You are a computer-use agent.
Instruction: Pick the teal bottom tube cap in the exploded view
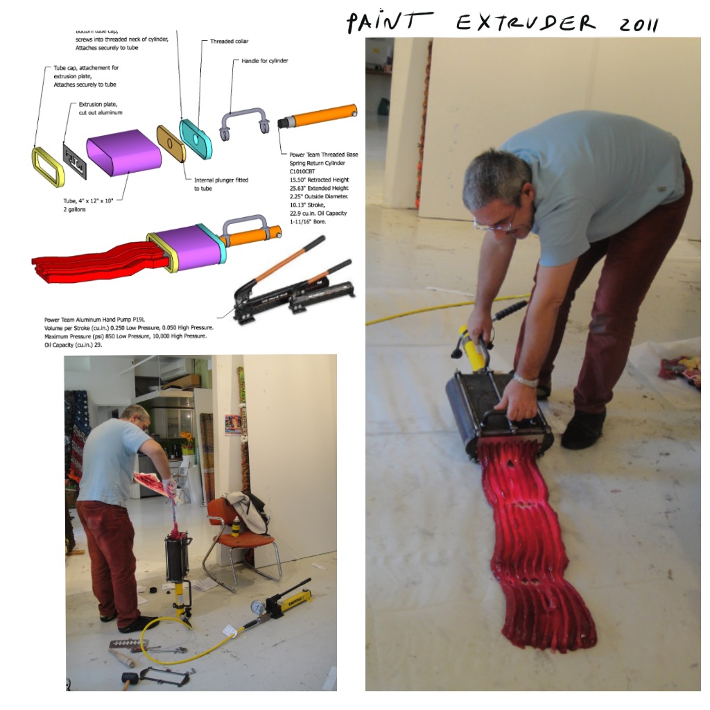point(196,138)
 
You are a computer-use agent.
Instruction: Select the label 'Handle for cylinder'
point(264,61)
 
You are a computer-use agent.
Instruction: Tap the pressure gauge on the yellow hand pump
point(259,605)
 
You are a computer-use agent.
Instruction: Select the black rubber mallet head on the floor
point(129,677)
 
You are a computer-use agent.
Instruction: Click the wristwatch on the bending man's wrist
point(526,381)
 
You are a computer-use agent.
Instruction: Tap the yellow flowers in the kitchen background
point(187,439)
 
